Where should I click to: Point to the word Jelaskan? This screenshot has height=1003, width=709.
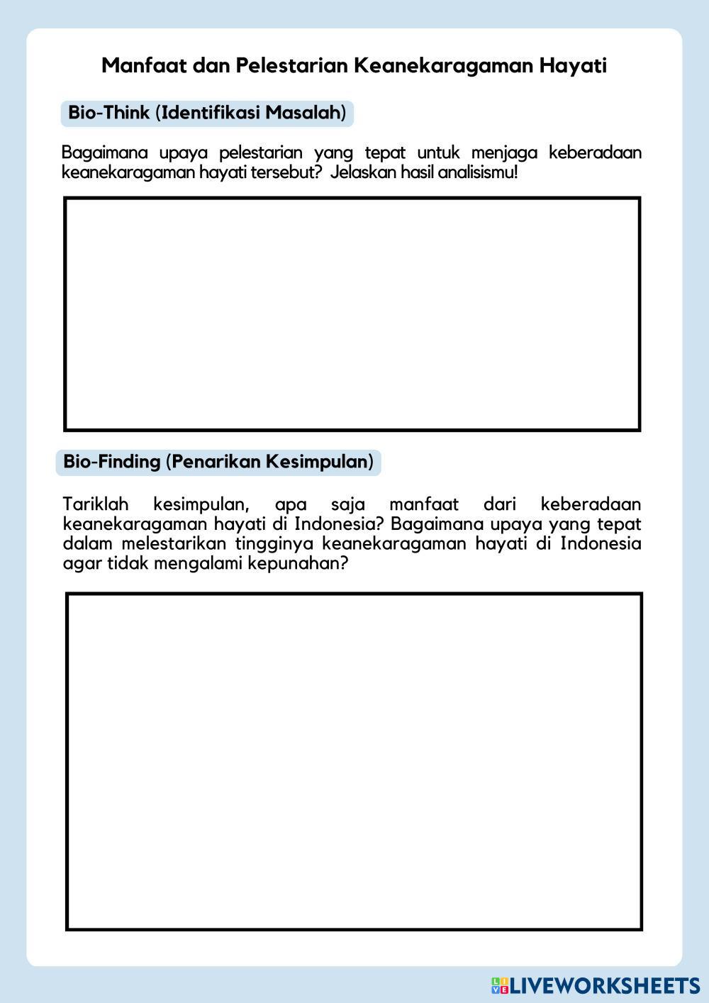pos(362,172)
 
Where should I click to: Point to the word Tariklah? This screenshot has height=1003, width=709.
pos(96,504)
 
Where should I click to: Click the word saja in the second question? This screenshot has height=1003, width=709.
pos(348,504)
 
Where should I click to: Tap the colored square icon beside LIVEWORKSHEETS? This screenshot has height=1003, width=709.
pos(500,985)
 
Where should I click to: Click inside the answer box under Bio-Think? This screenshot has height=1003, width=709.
pos(352,314)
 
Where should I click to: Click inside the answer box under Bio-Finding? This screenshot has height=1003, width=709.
pos(354,760)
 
